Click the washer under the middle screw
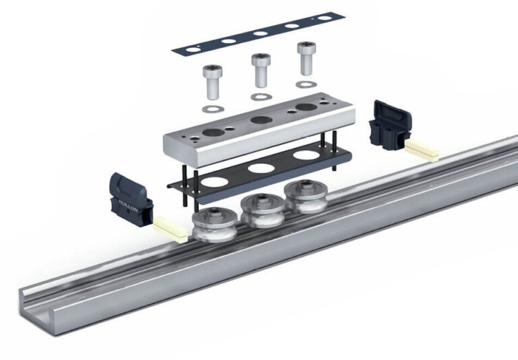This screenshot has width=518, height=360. [x=258, y=96]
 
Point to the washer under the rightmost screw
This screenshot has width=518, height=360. [x=305, y=84]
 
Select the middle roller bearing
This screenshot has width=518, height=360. [x=259, y=210]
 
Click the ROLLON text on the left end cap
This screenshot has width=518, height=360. [x=127, y=202]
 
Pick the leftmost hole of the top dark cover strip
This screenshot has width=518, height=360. [x=196, y=49]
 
